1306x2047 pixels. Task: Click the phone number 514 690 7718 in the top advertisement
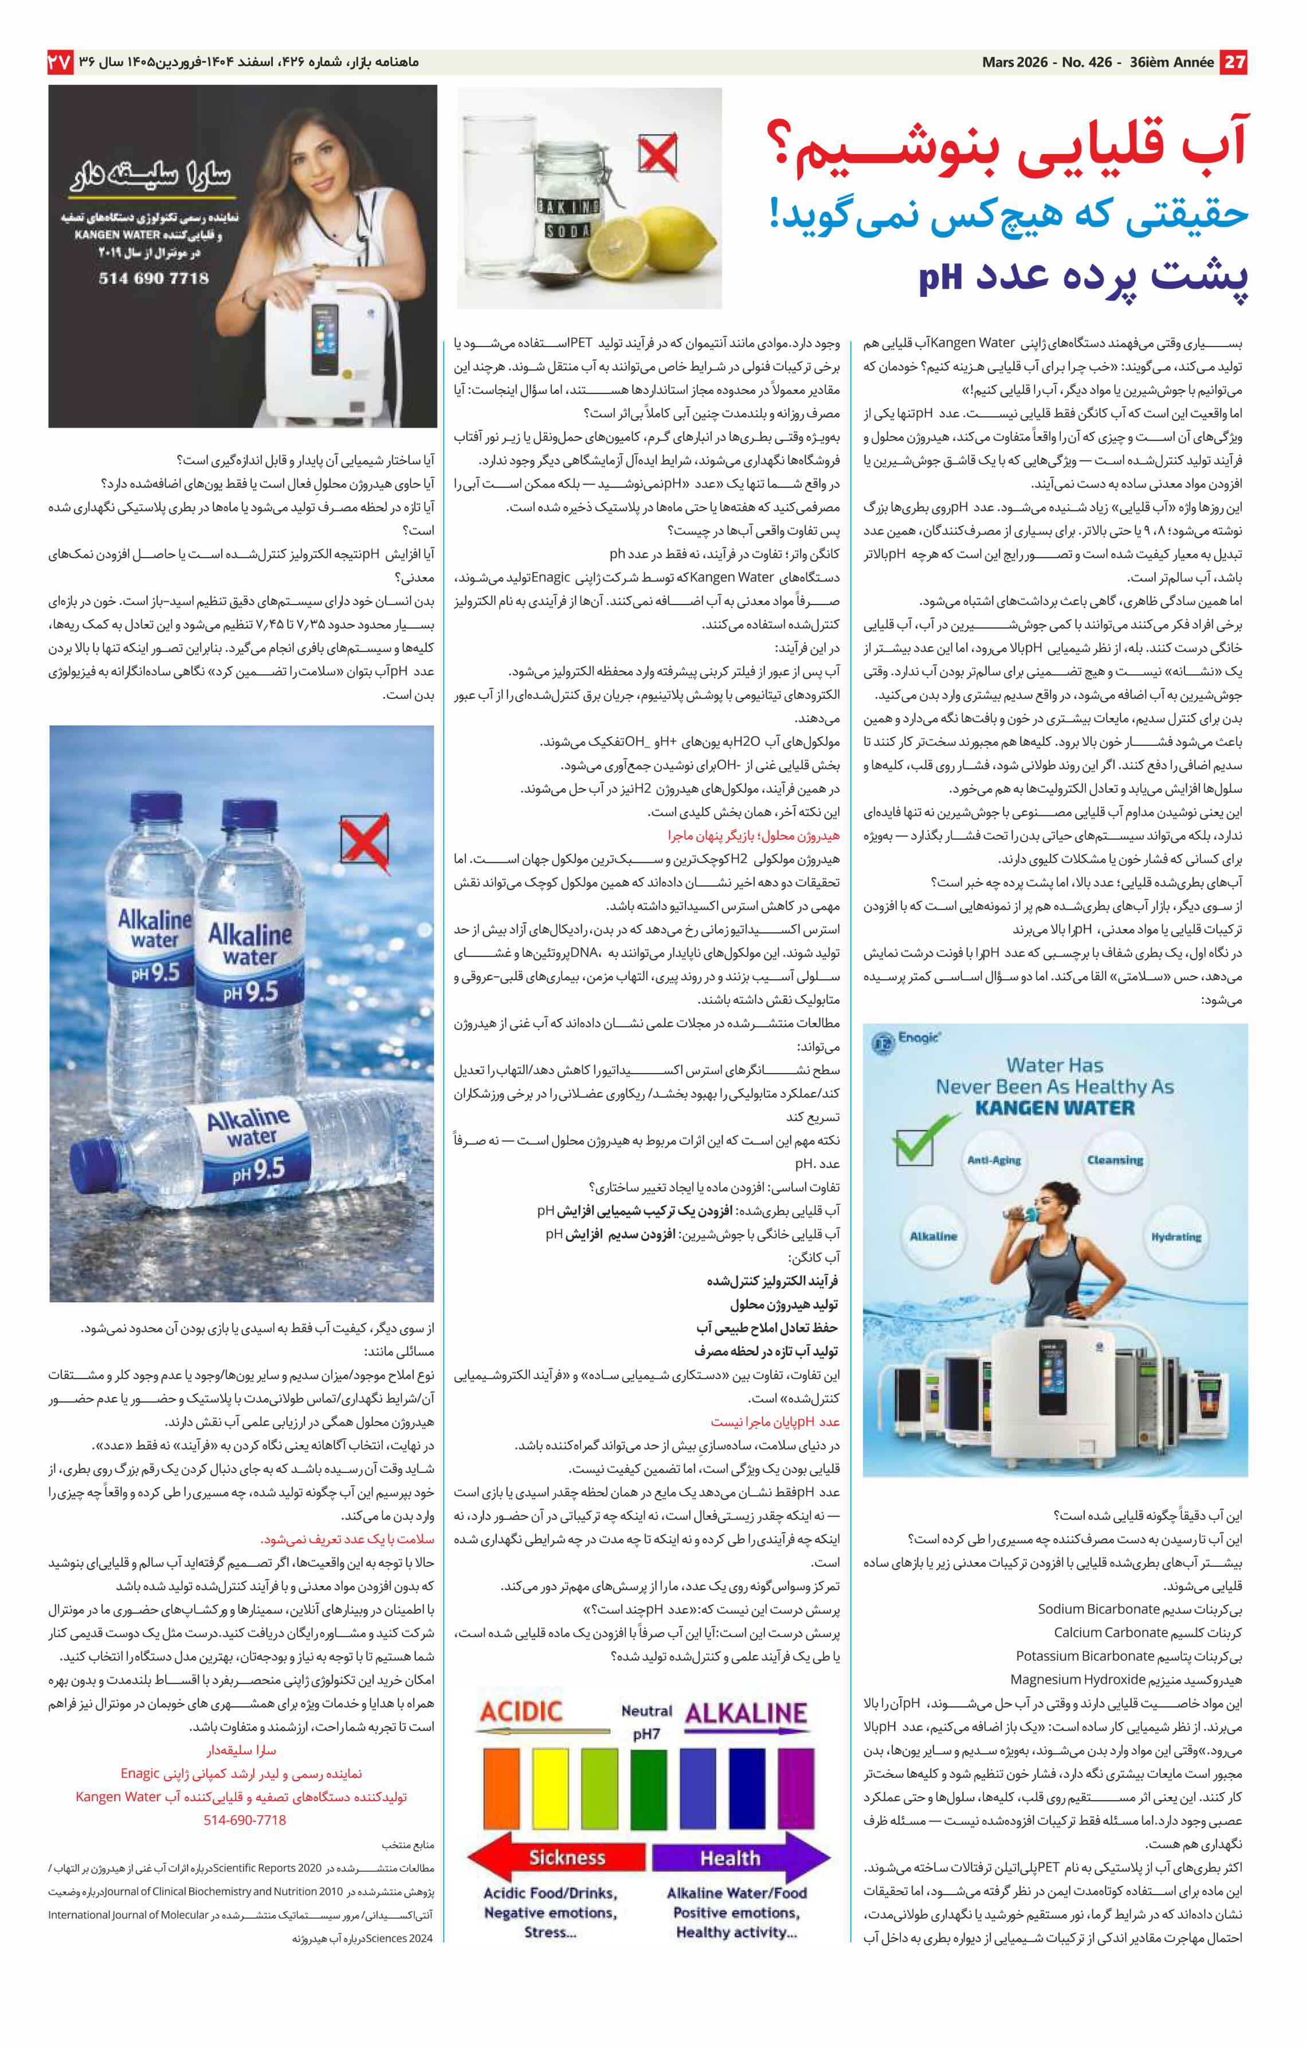click(153, 278)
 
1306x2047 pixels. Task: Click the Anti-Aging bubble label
click(994, 1160)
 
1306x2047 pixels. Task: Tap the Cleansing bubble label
click(1115, 1160)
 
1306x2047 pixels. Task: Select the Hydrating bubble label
click(1176, 1237)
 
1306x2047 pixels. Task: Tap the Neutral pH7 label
click(646, 1722)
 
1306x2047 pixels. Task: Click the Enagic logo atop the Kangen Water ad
click(907, 1040)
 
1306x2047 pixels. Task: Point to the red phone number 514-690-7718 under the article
click(244, 1820)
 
